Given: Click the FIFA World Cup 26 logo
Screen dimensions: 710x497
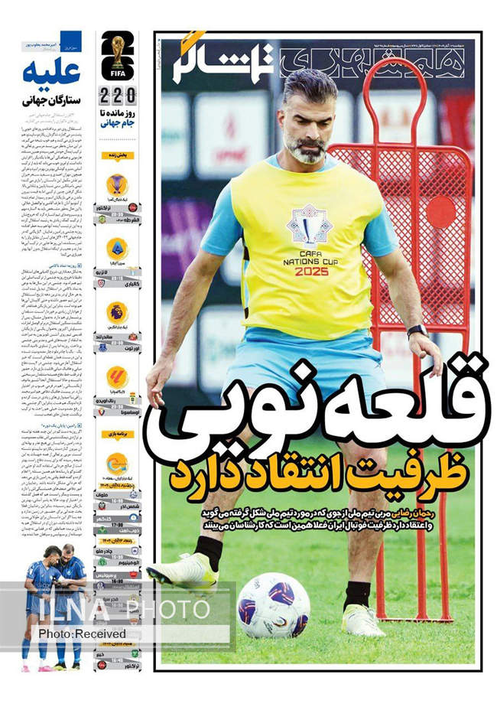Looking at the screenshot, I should [117, 55].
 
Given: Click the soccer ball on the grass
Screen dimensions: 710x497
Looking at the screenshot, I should [273, 604].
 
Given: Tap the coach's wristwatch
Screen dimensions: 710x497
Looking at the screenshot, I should [417, 331].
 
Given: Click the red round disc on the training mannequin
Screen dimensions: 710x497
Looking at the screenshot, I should [440, 211].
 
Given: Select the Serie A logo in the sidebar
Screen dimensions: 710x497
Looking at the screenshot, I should [117, 248].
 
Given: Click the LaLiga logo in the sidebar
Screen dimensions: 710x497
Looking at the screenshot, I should [117, 376].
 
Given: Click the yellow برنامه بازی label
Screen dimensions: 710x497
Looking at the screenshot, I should [117, 434].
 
